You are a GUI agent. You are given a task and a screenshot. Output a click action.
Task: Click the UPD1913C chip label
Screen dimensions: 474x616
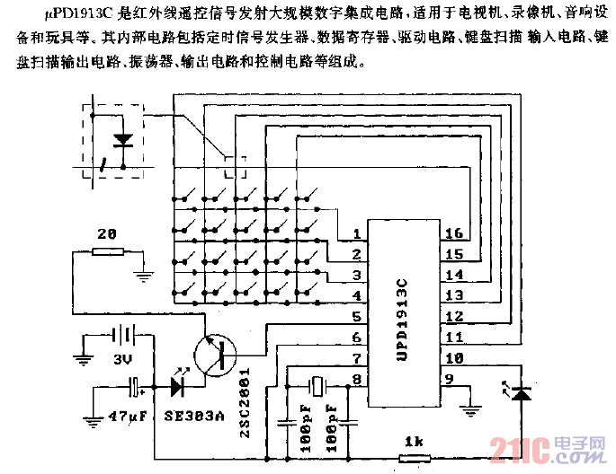402,319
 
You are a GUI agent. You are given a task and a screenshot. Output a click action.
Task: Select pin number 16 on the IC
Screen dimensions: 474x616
454,234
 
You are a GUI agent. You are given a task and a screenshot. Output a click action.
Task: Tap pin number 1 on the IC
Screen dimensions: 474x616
357,234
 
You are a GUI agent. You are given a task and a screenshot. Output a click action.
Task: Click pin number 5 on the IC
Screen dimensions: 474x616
357,317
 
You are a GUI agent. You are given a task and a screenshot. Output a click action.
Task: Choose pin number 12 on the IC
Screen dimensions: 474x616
454,317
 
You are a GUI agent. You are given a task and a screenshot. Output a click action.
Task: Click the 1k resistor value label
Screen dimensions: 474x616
414,441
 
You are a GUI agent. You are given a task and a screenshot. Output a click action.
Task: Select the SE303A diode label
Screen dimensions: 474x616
196,418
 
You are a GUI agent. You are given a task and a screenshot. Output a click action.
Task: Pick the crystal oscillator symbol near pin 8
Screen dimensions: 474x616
316,385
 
